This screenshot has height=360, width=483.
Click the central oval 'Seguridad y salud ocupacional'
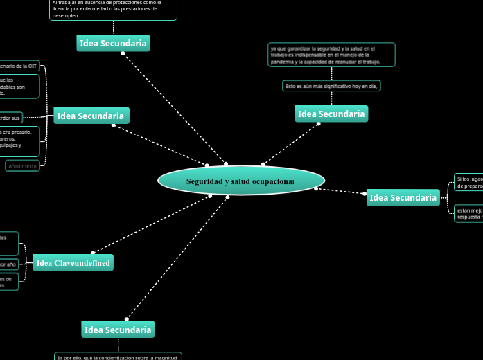tap(241, 181)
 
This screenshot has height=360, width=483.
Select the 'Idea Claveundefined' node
tap(73, 263)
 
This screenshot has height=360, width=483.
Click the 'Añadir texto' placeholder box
tap(22, 166)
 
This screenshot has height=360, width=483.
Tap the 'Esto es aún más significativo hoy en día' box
tap(331, 86)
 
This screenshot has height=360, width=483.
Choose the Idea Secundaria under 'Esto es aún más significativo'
tap(331, 114)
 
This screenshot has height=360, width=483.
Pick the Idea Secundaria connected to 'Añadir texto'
tap(91, 116)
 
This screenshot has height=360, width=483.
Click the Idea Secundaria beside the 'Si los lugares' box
tap(403, 198)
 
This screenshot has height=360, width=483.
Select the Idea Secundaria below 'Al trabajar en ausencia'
tap(113, 43)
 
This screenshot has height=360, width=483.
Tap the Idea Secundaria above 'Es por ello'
tap(118, 330)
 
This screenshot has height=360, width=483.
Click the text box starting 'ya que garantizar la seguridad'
tap(331, 55)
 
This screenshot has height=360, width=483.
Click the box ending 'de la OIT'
tap(19, 66)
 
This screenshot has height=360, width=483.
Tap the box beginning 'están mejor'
tap(468, 213)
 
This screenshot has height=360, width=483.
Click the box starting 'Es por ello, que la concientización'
tap(118, 357)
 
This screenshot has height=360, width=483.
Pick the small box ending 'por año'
tap(8, 264)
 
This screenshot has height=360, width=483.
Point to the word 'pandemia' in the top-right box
tap(283, 62)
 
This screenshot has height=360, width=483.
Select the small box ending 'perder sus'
tap(11, 118)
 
